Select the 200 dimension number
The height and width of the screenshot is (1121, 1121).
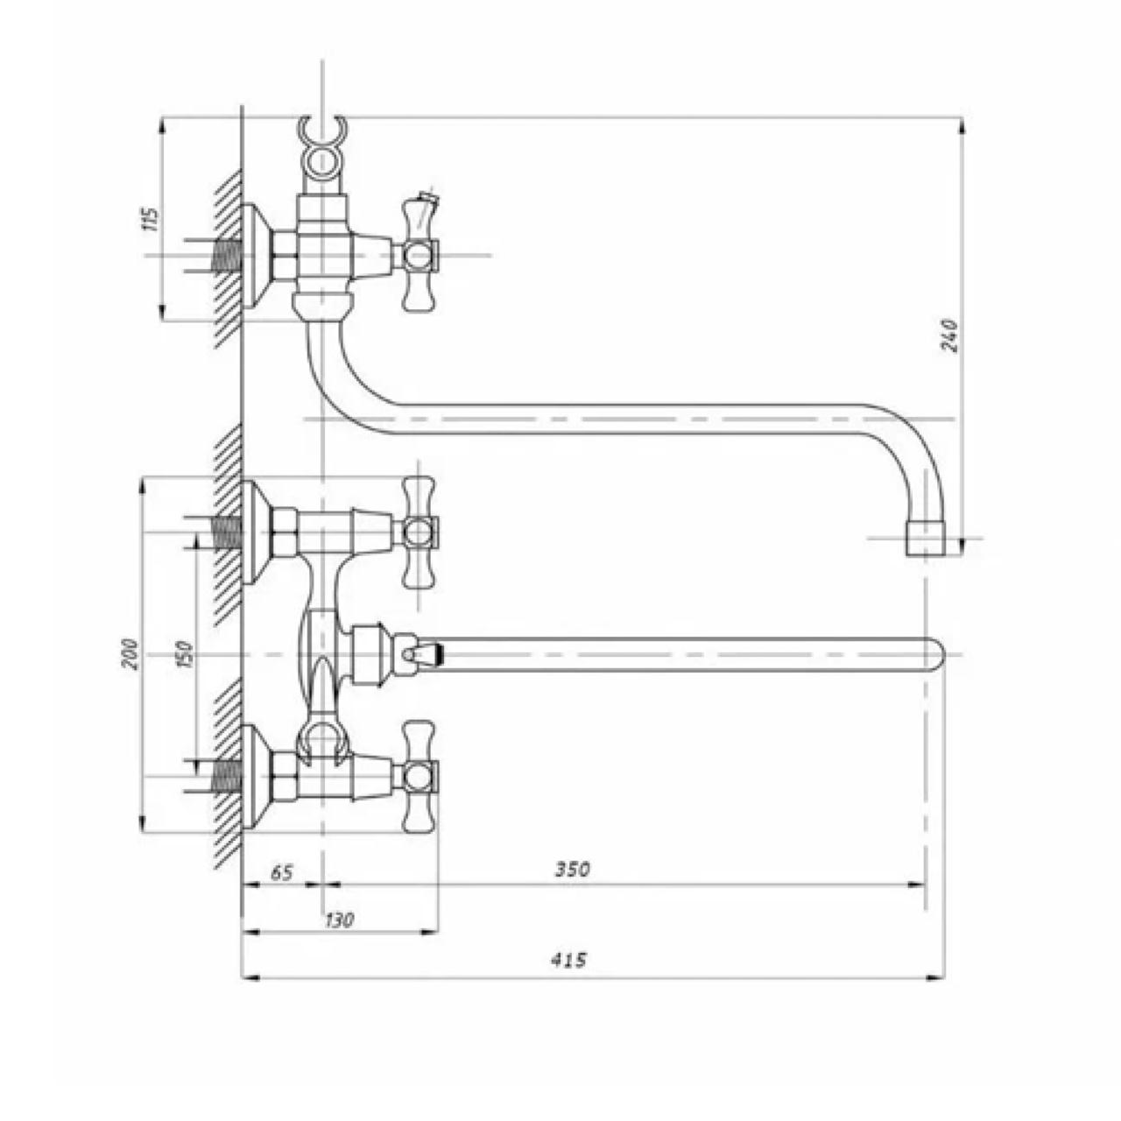tap(130, 654)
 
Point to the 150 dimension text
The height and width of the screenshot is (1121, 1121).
tap(183, 654)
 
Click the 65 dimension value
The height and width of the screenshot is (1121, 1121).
tap(281, 872)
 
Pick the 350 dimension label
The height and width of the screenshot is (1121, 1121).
tap(573, 870)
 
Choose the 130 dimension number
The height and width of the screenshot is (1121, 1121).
tap(339, 920)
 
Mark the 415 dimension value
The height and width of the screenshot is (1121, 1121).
tap(569, 960)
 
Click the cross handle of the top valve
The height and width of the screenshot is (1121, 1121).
tap(419, 256)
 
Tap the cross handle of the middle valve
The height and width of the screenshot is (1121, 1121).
tap(419, 532)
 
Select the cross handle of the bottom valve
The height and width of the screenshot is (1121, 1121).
tap(419, 776)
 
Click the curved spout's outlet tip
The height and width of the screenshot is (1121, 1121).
tap(926, 538)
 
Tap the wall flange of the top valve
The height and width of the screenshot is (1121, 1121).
tap(255, 256)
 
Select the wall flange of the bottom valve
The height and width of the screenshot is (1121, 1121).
tap(255, 776)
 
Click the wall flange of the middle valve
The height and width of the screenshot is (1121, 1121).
tap(255, 532)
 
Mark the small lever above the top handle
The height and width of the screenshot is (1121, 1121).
tap(427, 204)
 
